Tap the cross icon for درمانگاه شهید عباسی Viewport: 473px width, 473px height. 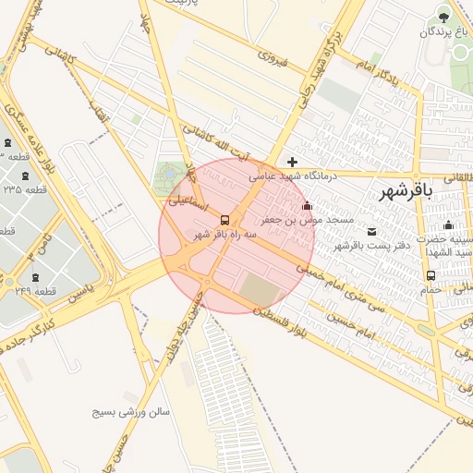292,162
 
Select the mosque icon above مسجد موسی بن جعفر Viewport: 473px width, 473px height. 307,206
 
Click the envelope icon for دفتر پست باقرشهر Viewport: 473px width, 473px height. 372,231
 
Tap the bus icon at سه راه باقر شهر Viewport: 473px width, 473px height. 225,220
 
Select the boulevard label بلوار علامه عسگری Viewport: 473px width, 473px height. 23,125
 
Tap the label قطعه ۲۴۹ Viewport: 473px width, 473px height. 37,292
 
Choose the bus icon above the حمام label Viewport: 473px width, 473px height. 431,275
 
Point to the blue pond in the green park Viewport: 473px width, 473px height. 169,171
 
